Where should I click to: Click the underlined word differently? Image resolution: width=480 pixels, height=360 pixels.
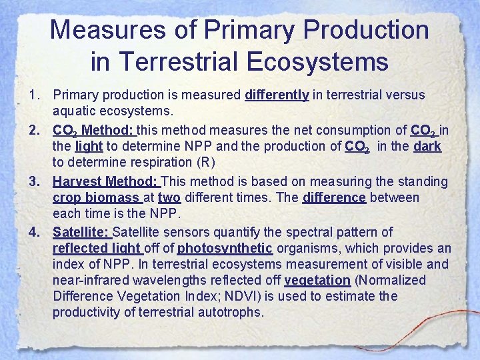(277, 95)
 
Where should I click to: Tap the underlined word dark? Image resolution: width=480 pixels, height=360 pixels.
(427, 147)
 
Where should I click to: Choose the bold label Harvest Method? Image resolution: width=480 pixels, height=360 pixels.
(106, 181)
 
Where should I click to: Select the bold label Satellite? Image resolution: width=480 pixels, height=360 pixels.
(81, 232)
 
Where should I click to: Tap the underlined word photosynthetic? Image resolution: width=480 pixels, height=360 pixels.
(225, 249)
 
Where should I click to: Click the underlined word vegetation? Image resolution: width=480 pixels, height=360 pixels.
(317, 281)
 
